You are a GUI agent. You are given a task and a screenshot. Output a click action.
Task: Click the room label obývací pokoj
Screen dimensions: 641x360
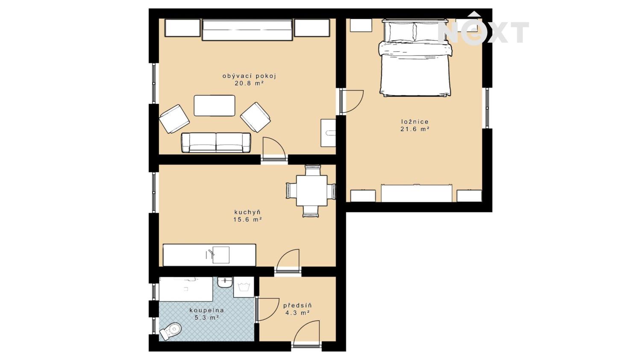click(x=249, y=76)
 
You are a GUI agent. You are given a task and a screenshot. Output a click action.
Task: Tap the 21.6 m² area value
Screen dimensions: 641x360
click(x=415, y=129)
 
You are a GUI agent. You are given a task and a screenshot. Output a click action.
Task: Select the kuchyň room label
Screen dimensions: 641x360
click(x=247, y=212)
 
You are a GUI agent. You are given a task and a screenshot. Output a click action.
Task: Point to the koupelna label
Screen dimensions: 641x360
click(x=206, y=310)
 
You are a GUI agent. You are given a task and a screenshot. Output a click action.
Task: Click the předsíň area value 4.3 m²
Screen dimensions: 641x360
click(x=297, y=313)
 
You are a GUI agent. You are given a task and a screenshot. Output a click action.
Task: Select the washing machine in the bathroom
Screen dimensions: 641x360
click(x=244, y=287)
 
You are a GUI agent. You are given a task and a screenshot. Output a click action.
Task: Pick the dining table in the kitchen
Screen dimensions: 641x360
click(x=312, y=190)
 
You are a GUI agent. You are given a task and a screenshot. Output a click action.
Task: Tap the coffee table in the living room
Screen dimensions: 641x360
click(x=215, y=105)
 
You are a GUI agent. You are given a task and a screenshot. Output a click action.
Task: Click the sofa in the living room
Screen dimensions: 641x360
click(x=216, y=142)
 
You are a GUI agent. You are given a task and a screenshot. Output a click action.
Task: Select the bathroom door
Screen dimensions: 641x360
click(x=267, y=310)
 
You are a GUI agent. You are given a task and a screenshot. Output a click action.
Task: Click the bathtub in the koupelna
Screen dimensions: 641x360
click(x=186, y=289)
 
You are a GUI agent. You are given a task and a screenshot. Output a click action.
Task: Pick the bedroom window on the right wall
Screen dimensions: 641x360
click(x=487, y=108)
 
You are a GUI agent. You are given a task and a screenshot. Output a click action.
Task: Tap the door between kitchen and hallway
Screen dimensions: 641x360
click(x=288, y=262)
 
